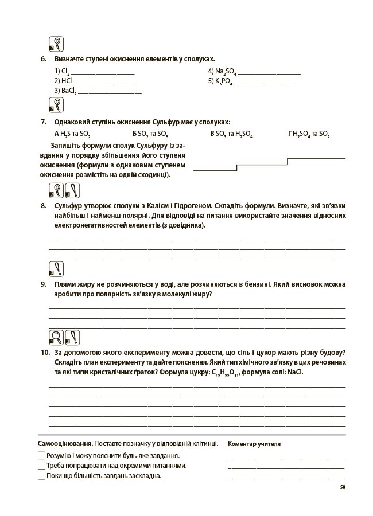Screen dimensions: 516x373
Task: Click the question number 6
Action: point(42,59)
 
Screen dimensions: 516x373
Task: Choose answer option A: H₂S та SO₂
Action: point(72,134)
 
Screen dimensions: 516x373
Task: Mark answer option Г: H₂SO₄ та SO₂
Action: point(309,134)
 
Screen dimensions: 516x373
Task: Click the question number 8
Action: point(42,205)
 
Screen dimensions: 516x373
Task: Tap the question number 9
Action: point(42,284)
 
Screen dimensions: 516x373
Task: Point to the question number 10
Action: point(44,352)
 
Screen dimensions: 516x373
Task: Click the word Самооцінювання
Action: point(65,444)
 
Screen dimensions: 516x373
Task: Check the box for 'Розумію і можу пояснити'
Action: point(41,455)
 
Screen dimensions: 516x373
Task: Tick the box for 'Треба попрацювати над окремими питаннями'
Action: point(41,466)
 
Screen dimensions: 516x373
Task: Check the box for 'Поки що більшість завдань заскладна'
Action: point(41,475)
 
